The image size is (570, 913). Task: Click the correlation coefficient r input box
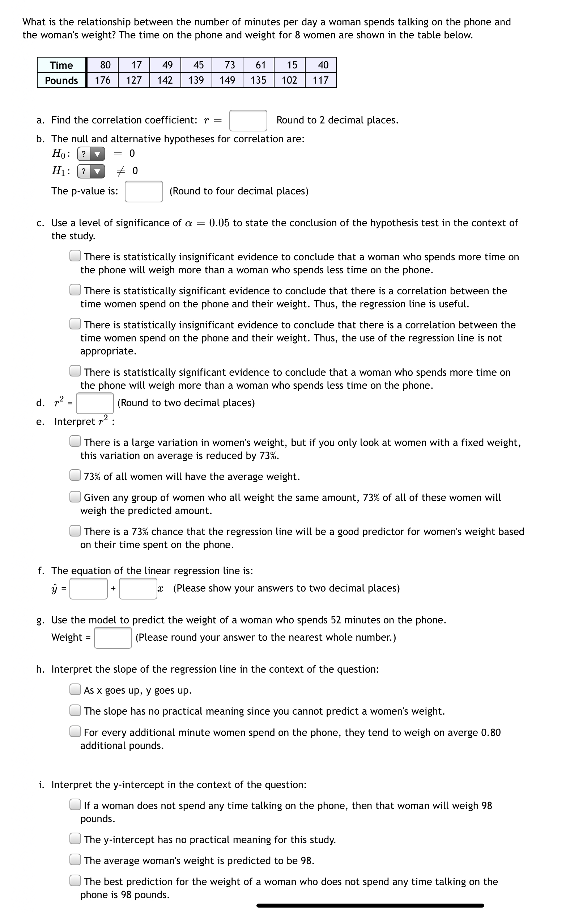pos(248,120)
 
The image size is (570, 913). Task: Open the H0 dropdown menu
pos(91,154)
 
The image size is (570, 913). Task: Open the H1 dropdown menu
pos(91,172)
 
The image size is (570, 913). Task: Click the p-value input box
pos(144,191)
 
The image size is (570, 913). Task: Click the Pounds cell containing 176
pos(103,80)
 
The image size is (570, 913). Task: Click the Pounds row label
pos(61,80)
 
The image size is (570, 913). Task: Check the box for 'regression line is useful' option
pos(75,290)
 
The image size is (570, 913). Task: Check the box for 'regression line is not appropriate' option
pos(75,324)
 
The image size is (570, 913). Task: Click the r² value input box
pos(95,403)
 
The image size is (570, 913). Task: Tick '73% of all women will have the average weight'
pos(75,475)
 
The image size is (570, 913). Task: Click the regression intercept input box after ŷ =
pos(89,588)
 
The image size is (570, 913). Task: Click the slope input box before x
pos(138,588)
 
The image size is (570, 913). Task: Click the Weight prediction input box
pos(113,637)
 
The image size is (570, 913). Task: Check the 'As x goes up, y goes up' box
pos(75,689)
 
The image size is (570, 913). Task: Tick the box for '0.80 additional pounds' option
pos(75,732)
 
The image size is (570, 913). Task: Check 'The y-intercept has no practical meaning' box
pos(75,839)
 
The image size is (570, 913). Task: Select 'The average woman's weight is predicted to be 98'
pos(75,860)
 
